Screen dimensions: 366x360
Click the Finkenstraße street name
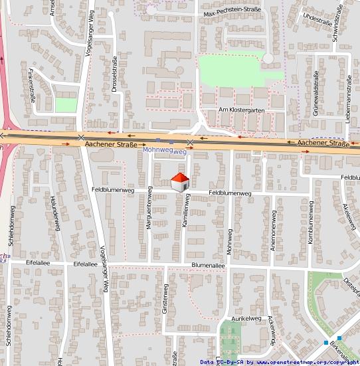pyautogui.click(x=31, y=84)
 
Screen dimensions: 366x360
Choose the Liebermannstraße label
pyautogui.click(x=348, y=98)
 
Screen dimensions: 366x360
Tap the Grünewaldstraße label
pyautogui.click(x=316, y=97)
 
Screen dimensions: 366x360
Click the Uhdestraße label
pyautogui.click(x=316, y=19)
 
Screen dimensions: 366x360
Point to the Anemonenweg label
pyautogui.click(x=273, y=230)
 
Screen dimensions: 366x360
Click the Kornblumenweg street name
pyautogui.click(x=310, y=228)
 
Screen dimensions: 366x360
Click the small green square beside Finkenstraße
pyautogui.click(x=65, y=105)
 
